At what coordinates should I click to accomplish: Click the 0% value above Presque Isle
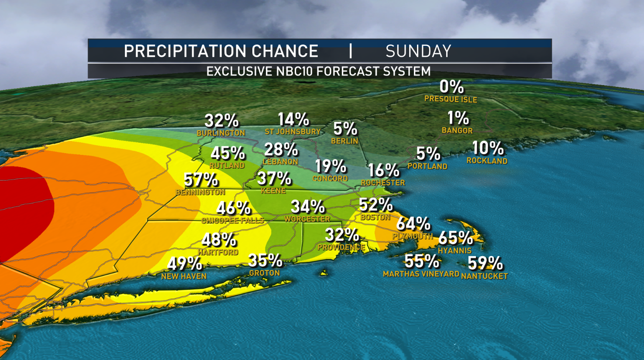[451, 87]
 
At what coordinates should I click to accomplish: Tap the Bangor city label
[457, 130]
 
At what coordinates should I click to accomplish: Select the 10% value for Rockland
[488, 148]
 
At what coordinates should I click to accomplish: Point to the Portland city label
[427, 166]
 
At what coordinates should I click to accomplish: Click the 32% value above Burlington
[221, 120]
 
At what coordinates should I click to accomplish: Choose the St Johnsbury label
[293, 131]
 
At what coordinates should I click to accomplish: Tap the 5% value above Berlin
[345, 129]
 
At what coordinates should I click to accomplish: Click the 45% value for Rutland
[227, 153]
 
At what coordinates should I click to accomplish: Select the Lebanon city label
[280, 161]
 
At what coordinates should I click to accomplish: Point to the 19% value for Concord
[331, 166]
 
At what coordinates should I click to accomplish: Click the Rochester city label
[383, 183]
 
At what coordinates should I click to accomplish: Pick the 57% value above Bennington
[201, 179]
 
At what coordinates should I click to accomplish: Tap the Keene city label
[273, 191]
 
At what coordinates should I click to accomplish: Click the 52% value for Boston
[375, 204]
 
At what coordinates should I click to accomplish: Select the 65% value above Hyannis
[455, 238]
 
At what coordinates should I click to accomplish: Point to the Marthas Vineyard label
[421, 274]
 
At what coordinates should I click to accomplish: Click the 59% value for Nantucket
[485, 263]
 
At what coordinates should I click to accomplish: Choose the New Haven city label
[184, 276]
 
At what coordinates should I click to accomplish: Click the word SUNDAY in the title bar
[418, 51]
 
